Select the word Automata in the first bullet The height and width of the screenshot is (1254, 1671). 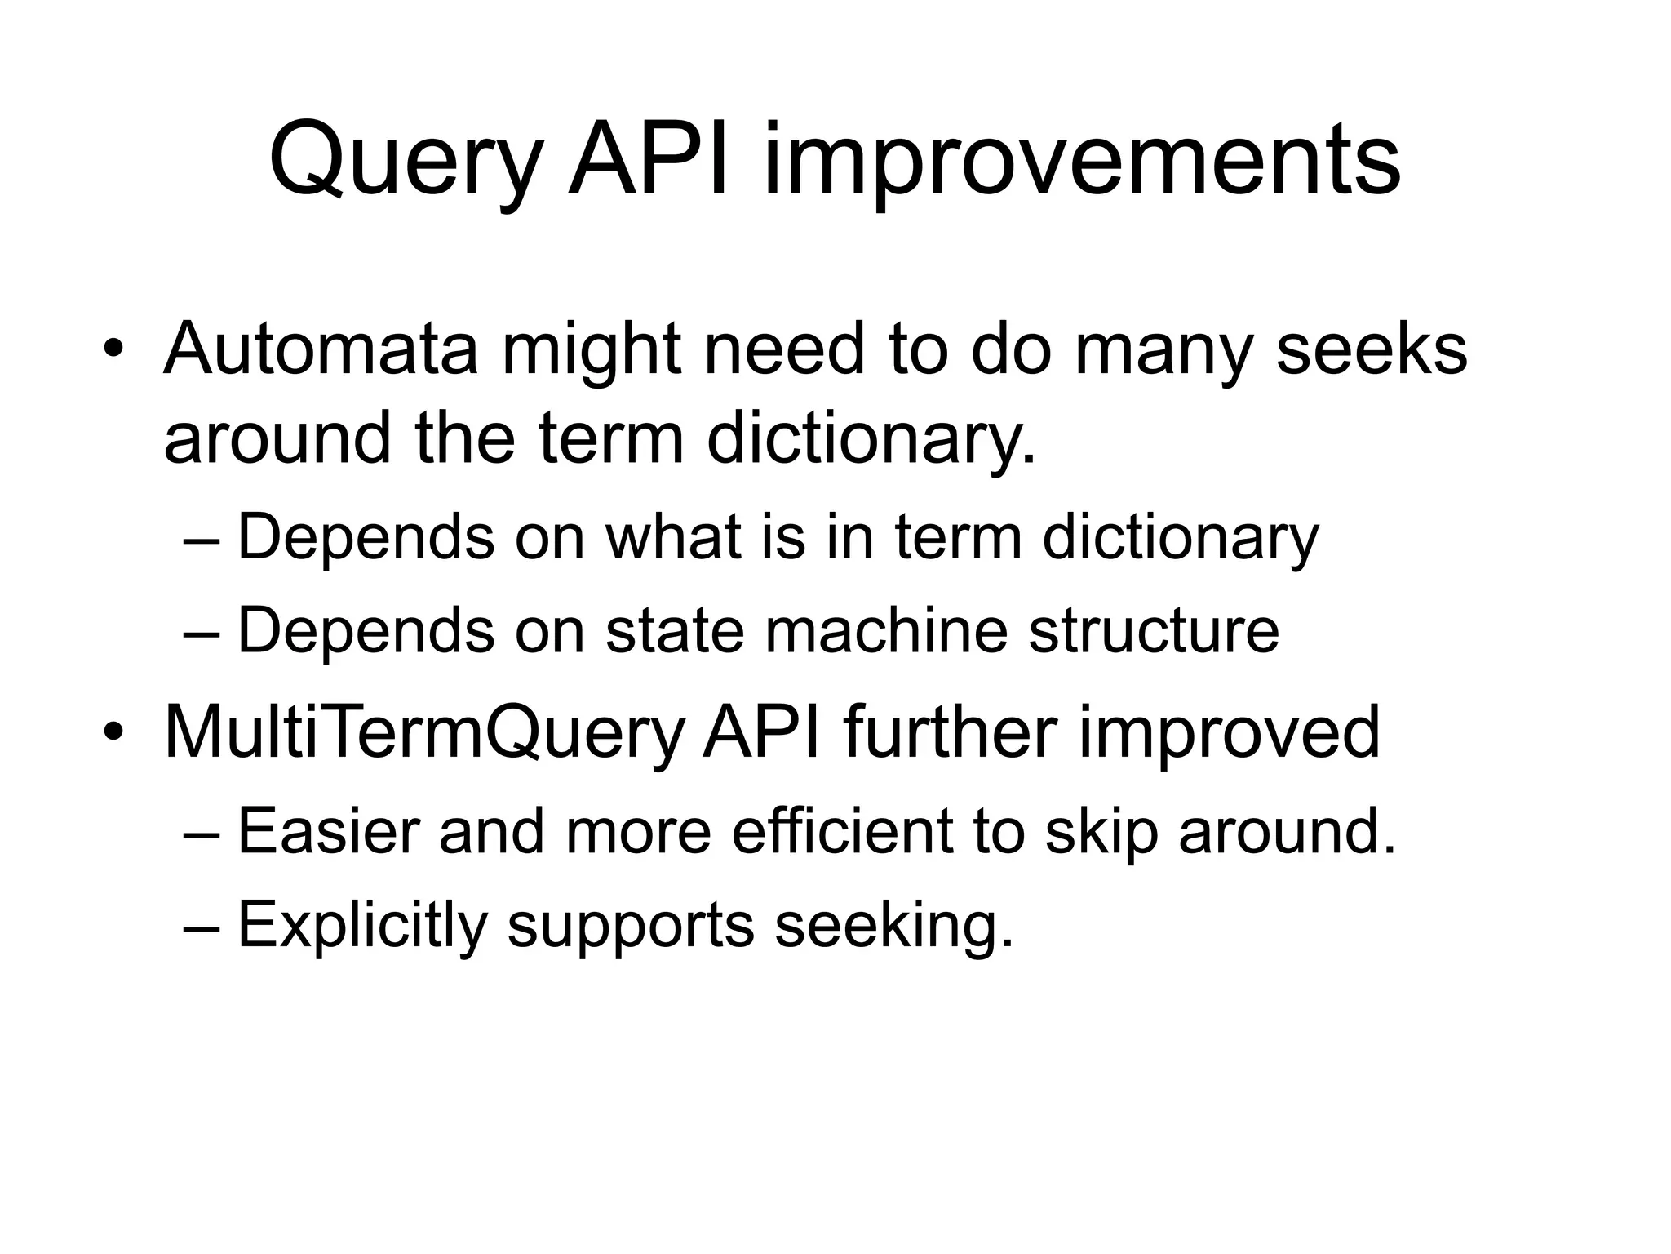click(321, 349)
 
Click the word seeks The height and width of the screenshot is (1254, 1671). click(1372, 349)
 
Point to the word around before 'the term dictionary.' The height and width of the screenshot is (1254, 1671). click(277, 439)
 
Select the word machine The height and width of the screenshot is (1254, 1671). click(886, 631)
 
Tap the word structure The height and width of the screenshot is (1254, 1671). click(1154, 631)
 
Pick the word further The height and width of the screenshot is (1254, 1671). click(951, 732)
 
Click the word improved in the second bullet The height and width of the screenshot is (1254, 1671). click(1230, 732)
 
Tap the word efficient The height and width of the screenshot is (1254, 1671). click(842, 832)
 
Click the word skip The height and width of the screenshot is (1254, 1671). click(1101, 832)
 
